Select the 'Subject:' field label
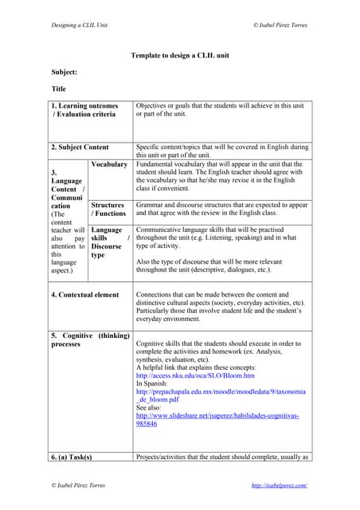coord(65,72)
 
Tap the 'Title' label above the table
coord(59,88)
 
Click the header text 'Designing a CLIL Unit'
coord(80,25)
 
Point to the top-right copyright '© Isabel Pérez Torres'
coord(281,25)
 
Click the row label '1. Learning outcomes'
coord(84,105)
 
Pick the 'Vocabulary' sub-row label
coord(109,164)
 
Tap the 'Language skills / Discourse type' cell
coord(110,242)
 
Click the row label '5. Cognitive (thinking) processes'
coord(90,339)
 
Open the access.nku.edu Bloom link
coord(195,375)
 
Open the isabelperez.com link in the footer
coord(279,485)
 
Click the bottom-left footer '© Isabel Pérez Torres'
coord(78,485)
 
